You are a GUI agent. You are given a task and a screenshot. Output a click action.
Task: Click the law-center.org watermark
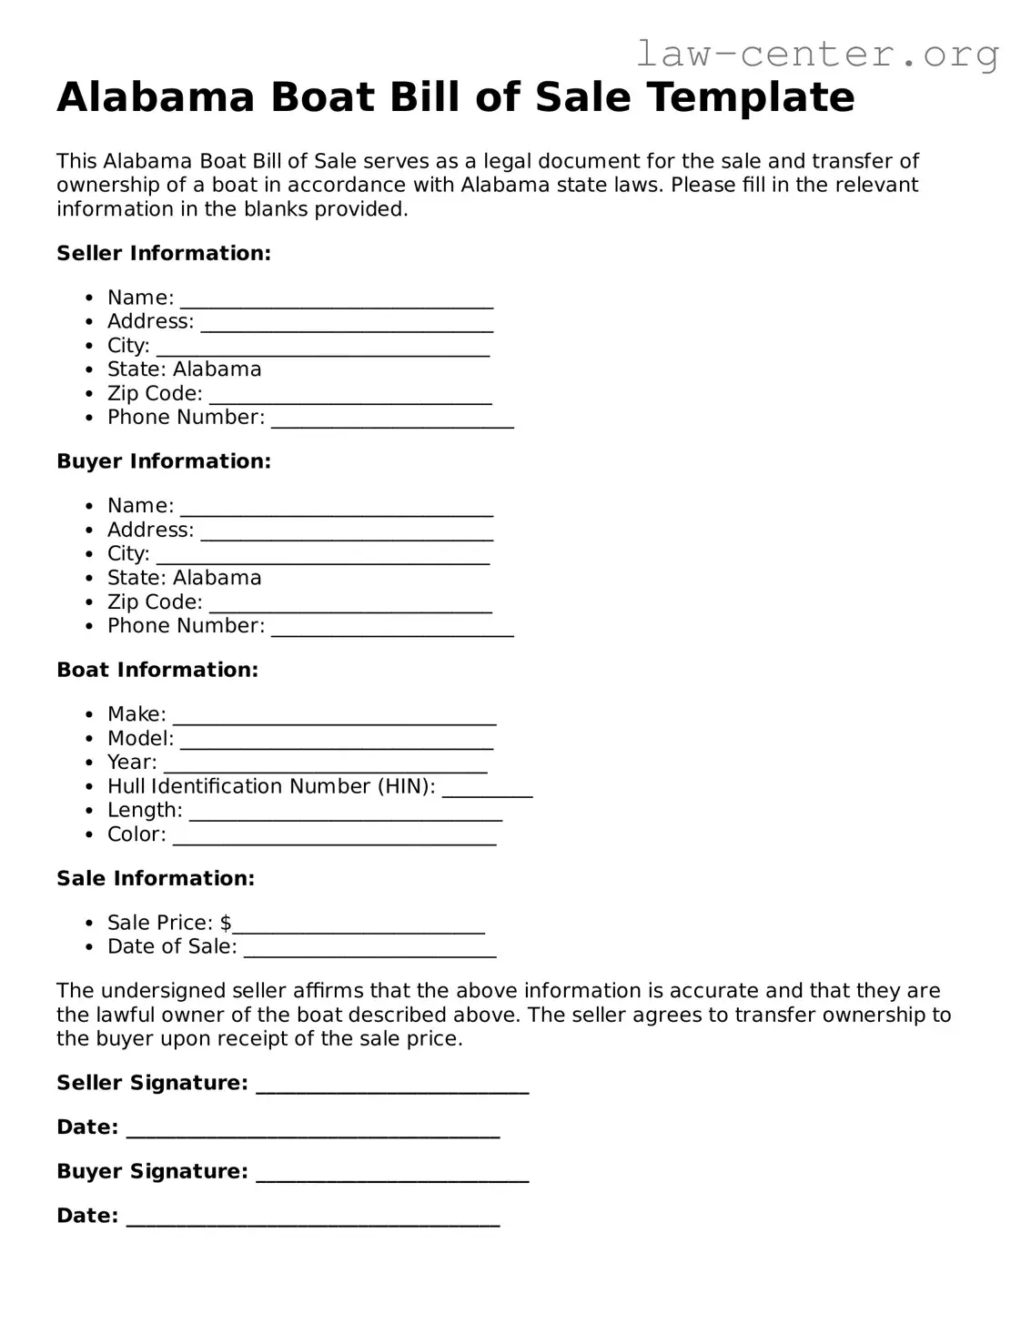[816, 54]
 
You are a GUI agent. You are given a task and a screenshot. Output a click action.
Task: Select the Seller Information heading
[164, 253]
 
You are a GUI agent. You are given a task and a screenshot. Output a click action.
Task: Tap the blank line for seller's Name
[337, 299]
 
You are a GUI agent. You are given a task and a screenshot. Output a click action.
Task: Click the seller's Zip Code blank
[350, 396]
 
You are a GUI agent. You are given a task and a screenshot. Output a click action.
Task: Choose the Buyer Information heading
[164, 461]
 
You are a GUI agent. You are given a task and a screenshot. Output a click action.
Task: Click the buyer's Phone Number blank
[392, 628]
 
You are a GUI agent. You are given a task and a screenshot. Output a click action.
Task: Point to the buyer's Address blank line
[347, 532]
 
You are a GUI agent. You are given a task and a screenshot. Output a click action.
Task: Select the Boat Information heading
[157, 670]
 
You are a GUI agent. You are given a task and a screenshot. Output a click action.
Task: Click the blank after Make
[334, 717]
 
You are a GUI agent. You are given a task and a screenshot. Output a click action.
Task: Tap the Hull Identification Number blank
[487, 789]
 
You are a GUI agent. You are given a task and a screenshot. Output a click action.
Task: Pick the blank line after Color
[334, 837]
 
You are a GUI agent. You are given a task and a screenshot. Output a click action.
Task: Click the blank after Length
[345, 813]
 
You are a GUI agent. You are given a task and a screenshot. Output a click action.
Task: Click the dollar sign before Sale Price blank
[226, 923]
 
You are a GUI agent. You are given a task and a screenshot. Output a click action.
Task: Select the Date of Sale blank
[369, 949]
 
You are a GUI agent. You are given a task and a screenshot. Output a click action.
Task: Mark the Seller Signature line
[392, 1085]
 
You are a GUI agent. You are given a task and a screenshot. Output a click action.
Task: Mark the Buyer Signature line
[392, 1174]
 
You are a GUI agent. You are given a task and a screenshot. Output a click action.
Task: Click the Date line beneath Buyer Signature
[313, 1218]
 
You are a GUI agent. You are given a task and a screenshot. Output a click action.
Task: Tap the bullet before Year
[88, 763]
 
